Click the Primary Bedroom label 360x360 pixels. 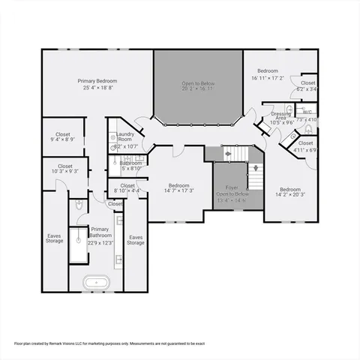coord(97,80)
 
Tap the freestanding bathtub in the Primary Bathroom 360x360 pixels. coord(95,283)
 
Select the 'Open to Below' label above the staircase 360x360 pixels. coord(198,84)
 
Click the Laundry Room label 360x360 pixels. coord(124,136)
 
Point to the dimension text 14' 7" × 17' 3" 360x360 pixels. coord(178,191)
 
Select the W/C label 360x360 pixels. coord(307,112)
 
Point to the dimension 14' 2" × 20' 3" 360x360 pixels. coord(290,195)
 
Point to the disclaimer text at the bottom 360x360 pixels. coord(109,343)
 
